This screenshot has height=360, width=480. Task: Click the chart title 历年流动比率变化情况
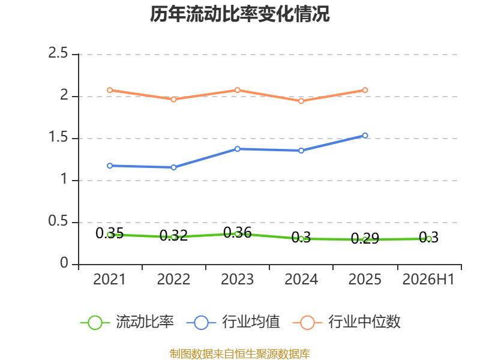[x=239, y=14]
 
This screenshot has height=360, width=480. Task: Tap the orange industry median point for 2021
[x=110, y=90]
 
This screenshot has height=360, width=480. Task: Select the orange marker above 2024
[x=301, y=101]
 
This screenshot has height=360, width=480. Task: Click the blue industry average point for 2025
[x=365, y=136]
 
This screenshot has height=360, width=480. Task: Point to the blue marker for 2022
[x=173, y=167]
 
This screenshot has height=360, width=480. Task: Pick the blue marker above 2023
[x=237, y=149]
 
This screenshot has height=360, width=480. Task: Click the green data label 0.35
[x=110, y=233]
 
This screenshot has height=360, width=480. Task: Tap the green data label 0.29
[x=365, y=238]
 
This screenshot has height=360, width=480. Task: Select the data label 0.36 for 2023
[x=237, y=233]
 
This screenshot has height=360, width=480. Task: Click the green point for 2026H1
[x=429, y=239]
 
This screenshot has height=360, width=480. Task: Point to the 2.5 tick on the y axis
[x=58, y=53]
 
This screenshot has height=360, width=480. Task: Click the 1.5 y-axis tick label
[x=58, y=137]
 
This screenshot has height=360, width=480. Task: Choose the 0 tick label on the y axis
[x=64, y=263]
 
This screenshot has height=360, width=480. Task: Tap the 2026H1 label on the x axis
[x=428, y=279]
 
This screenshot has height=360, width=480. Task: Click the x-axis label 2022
[x=173, y=279]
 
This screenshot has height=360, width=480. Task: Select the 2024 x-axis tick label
[x=301, y=279]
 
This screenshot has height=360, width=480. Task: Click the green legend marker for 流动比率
[x=95, y=323]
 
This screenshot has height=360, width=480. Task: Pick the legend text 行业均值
[x=251, y=322]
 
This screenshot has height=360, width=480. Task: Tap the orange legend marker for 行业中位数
[x=307, y=323]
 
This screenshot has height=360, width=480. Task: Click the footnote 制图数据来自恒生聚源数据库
[x=240, y=353]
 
